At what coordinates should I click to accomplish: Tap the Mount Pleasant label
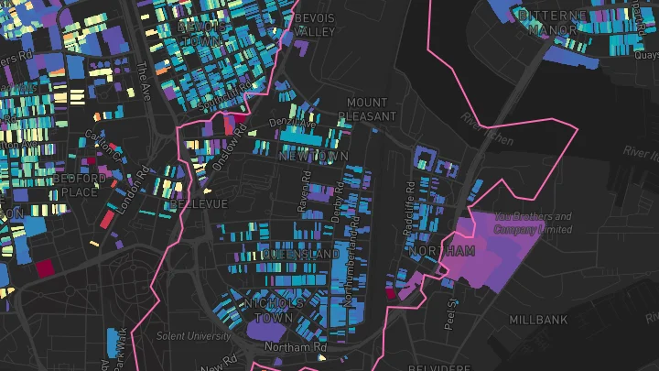pos(367,110)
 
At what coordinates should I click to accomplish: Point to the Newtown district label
pos(313,158)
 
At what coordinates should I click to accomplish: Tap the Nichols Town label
pos(274,311)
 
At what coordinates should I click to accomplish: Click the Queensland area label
pos(300,254)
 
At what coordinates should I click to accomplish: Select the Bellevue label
pos(198,202)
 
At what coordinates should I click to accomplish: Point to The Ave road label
pos(142,81)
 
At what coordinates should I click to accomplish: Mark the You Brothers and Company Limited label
pos(533,223)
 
